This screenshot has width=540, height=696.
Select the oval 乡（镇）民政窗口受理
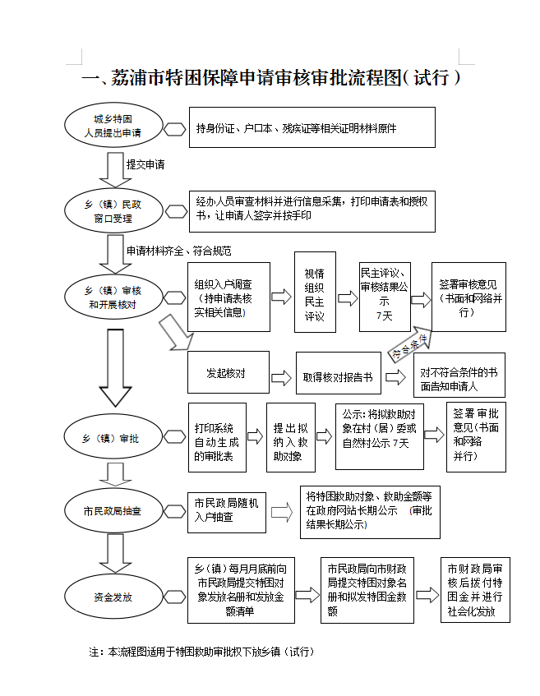[x=113, y=210]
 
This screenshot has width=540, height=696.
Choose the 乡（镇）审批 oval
[x=113, y=439]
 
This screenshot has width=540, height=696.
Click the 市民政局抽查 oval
[x=113, y=511]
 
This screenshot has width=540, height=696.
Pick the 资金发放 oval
[x=113, y=597]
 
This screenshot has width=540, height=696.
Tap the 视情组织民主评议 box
[x=315, y=293]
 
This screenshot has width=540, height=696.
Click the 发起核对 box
[x=228, y=374]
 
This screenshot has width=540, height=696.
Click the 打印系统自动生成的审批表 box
[x=217, y=438]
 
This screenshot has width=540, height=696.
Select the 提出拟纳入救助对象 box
[x=291, y=438]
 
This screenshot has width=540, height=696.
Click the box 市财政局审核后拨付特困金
[x=474, y=590]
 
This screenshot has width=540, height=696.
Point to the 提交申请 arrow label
[x=145, y=164]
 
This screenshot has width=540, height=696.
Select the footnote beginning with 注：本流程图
[x=202, y=652]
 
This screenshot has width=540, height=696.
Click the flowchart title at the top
[x=270, y=78]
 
